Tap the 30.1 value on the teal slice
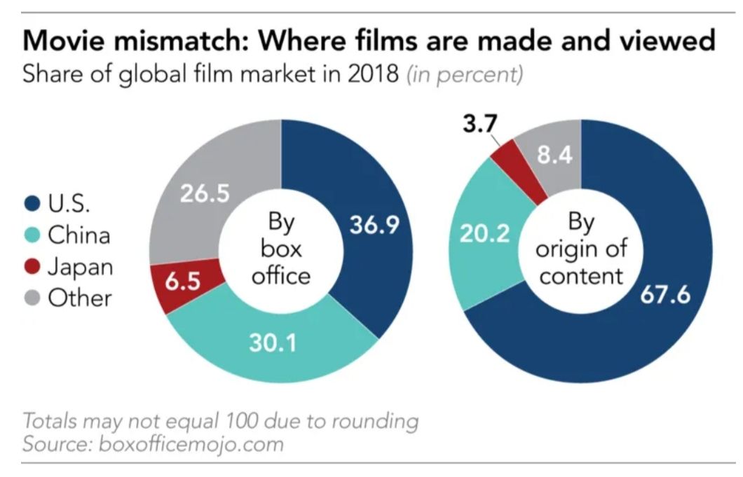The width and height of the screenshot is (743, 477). [273, 343]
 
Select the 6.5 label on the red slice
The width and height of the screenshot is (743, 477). [183, 283]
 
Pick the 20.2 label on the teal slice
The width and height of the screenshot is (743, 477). [484, 233]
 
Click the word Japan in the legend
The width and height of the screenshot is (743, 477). [80, 267]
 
